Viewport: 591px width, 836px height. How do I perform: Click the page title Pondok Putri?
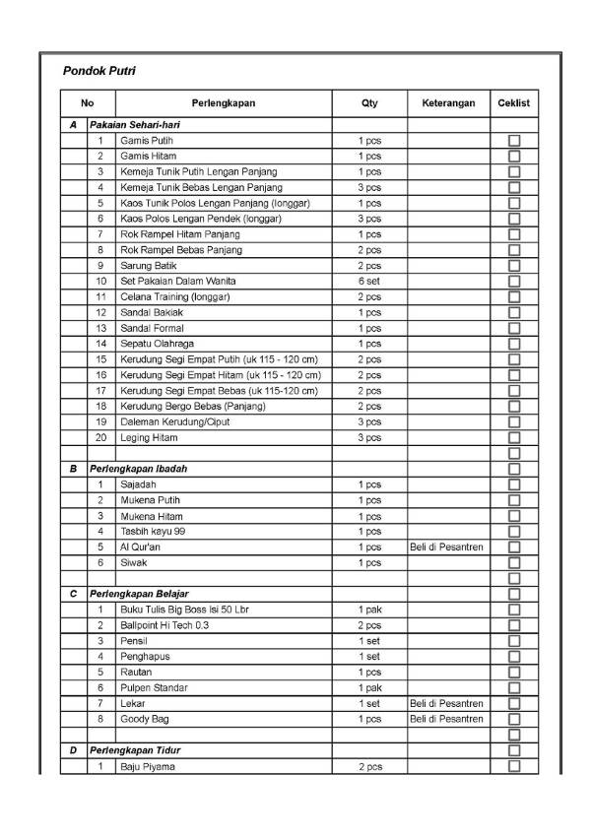98,71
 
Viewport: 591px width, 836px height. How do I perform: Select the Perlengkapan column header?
223,103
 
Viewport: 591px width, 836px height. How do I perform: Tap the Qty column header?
369,103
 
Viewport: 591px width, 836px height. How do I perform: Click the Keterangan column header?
448,103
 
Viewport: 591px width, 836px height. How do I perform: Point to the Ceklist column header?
514,103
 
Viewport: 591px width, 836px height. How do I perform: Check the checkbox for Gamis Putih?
514,141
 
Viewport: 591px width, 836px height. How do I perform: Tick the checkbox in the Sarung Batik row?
514,266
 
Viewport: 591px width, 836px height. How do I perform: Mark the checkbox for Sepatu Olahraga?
514,344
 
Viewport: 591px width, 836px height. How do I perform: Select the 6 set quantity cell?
369,282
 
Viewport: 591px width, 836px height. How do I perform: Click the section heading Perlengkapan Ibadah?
138,469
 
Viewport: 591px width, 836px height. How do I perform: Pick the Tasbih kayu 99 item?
154,532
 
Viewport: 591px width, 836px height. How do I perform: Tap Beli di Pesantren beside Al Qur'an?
448,547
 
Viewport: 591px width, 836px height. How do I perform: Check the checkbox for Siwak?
514,563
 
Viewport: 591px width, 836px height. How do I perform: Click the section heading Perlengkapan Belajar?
139,594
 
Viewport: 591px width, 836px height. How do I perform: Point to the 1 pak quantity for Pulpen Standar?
369,687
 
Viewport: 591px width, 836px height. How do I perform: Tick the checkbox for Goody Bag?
514,719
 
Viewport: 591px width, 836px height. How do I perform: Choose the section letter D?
73,750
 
